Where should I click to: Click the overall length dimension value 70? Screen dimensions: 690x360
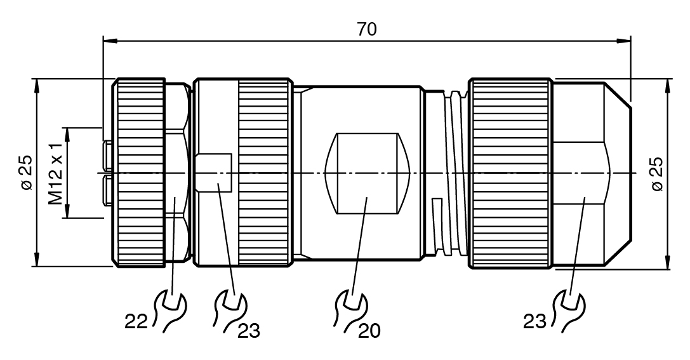tap(366, 29)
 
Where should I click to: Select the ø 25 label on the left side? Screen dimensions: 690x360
tap(27, 173)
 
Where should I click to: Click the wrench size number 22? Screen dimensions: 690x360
tap(136, 322)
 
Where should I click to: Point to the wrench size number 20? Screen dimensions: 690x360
tap(369, 331)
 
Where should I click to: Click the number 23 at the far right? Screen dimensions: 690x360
tap(535, 322)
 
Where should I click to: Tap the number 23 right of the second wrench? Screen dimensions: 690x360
tap(249, 331)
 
